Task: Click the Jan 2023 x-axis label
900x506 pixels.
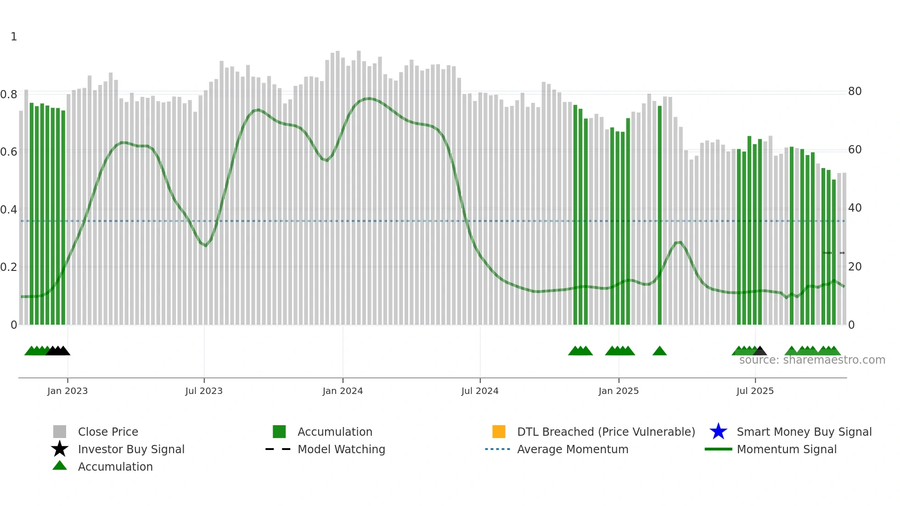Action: point(67,391)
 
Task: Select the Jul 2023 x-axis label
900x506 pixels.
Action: point(204,391)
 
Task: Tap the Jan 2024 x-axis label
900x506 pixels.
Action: point(343,391)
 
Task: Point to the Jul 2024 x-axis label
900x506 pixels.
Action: point(480,391)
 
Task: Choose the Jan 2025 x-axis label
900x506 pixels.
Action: point(619,391)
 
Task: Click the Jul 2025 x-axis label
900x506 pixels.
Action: point(755,391)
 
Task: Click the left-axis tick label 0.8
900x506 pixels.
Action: point(9,95)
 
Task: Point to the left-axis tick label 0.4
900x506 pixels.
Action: point(9,210)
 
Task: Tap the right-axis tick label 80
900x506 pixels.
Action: point(855,91)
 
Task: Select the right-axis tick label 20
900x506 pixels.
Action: point(855,266)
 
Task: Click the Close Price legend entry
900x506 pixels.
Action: point(108,432)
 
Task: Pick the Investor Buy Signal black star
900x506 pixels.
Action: point(60,449)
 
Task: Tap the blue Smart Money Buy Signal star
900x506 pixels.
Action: point(718,432)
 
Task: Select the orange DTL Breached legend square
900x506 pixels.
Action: point(499,432)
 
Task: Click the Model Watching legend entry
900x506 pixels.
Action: point(341,449)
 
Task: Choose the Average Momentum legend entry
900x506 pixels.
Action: point(573,449)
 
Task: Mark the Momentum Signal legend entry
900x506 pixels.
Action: point(787,449)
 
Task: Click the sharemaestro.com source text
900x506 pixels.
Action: point(812,360)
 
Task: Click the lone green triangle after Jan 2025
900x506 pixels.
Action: point(659,351)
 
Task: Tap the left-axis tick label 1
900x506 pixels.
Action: point(14,37)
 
